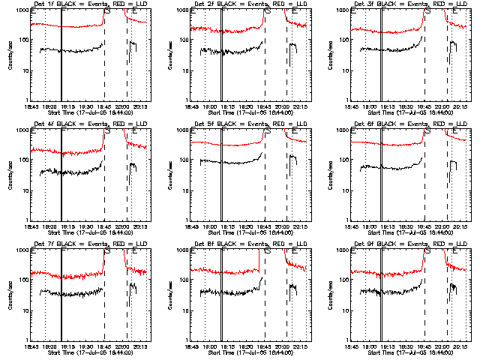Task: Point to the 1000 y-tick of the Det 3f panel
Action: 341,10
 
